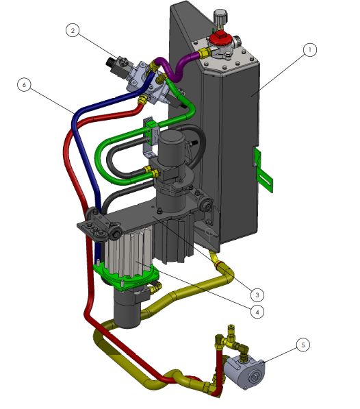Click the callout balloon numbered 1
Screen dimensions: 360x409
point(310,50)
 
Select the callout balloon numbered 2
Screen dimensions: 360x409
point(73,30)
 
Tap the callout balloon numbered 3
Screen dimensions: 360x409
point(257,295)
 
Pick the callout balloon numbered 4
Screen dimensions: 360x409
point(257,312)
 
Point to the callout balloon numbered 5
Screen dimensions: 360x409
point(303,345)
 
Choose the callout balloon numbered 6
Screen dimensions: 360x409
point(24,84)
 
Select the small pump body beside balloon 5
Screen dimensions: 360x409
point(244,372)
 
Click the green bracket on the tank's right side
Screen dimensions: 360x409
point(263,170)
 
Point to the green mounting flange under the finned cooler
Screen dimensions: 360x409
point(126,277)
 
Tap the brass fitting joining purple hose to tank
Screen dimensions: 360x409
point(204,53)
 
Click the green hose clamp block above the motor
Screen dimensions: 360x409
point(152,129)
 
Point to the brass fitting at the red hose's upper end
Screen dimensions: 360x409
point(143,99)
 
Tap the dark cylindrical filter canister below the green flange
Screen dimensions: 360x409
point(127,308)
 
